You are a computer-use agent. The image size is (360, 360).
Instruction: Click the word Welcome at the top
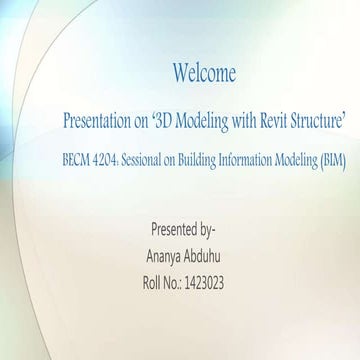coord(204,73)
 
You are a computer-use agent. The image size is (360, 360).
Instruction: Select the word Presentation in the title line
coord(97,120)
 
